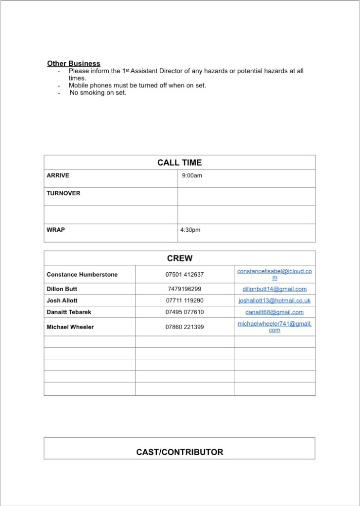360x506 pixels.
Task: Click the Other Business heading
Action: (74, 63)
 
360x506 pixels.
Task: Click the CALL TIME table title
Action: (180, 163)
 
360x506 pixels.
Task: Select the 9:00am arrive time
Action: (192, 175)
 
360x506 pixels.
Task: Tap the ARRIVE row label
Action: (58, 175)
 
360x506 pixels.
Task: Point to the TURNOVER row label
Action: (63, 193)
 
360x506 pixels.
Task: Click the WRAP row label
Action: (55, 230)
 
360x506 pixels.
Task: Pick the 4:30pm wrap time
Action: (190, 230)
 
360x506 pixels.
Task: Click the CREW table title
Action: (180, 258)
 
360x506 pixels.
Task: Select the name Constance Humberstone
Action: (82, 274)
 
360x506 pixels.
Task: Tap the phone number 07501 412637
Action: (184, 274)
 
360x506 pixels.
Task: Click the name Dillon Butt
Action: (62, 289)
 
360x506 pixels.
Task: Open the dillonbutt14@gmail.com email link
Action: (274, 289)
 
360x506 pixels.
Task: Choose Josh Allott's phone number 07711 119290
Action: (184, 300)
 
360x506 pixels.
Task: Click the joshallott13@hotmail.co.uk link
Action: (274, 300)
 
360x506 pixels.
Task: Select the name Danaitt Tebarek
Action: (69, 312)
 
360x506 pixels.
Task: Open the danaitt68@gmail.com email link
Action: (274, 312)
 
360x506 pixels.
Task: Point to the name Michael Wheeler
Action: (70, 327)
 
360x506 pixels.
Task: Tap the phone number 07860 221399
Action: (184, 327)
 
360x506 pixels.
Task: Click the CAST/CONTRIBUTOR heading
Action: (180, 452)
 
